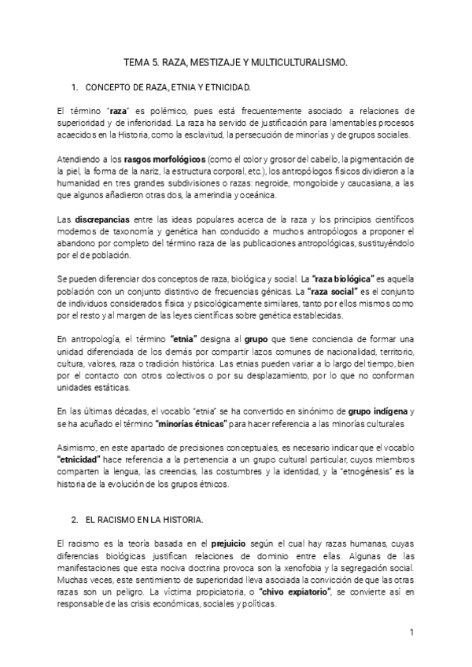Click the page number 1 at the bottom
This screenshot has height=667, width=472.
pos(411,632)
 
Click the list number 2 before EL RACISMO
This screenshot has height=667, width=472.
pos(74,521)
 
